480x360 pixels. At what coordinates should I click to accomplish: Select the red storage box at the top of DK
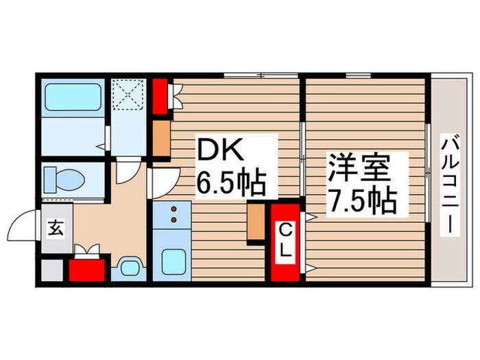[160, 97]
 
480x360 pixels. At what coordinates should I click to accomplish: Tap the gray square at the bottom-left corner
[52, 269]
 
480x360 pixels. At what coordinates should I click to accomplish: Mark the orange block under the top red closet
[161, 138]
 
